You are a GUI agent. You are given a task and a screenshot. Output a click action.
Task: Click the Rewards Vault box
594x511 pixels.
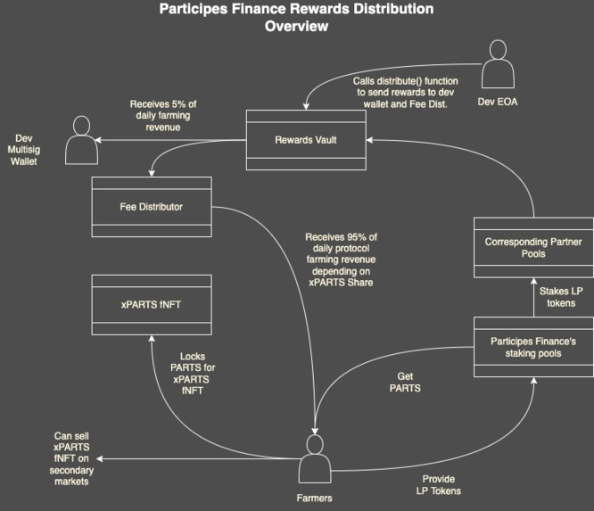pyautogui.click(x=305, y=140)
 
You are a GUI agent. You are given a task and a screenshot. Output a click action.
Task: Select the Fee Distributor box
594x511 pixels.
pyautogui.click(x=152, y=207)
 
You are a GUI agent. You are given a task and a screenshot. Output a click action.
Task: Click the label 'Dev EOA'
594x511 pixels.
pyautogui.click(x=498, y=102)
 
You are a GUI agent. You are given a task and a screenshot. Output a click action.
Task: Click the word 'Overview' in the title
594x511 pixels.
pyautogui.click(x=296, y=27)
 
